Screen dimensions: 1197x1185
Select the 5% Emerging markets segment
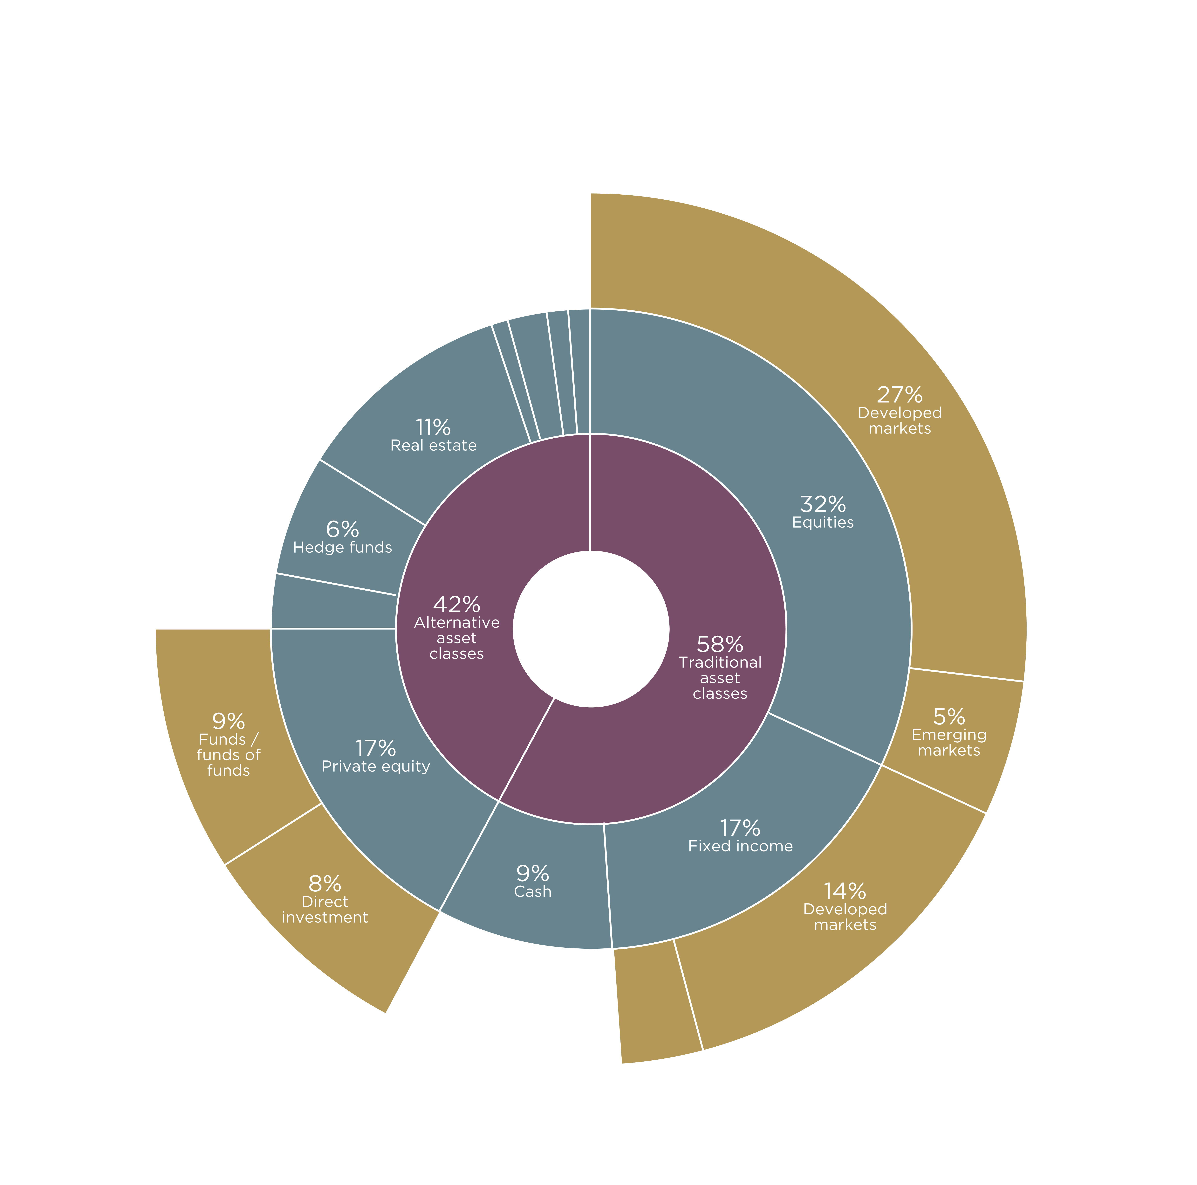pos(948,738)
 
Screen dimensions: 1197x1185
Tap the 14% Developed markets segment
pos(843,911)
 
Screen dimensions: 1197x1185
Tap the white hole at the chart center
pos(591,628)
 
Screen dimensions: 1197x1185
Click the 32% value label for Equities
pos(823,504)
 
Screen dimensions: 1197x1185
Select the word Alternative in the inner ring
pos(457,622)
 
